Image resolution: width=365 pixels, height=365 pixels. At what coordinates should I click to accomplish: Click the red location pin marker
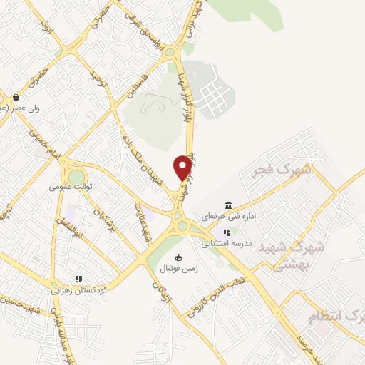click(x=182, y=168)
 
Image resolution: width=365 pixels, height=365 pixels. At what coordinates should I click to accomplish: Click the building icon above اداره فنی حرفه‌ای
click(x=228, y=205)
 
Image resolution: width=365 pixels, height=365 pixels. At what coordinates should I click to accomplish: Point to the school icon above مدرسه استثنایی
click(x=227, y=232)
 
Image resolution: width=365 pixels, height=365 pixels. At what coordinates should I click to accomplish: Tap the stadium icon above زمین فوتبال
click(x=178, y=257)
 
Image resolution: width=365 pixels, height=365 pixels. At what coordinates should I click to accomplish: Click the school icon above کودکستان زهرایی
click(x=79, y=279)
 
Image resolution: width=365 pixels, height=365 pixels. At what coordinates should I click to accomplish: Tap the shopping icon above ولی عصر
click(x=16, y=98)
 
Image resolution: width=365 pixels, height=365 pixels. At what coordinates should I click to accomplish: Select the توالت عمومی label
click(x=72, y=186)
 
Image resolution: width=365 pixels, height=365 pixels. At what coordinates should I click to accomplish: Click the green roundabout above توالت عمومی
click(x=76, y=177)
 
